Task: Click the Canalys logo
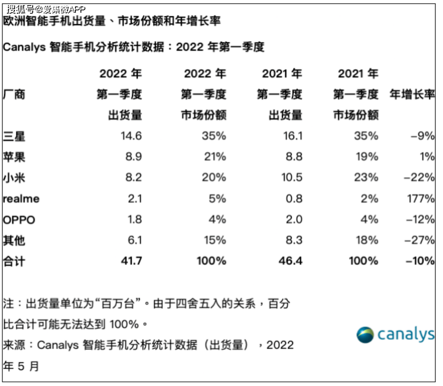[396, 335]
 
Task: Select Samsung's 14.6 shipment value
[131, 136]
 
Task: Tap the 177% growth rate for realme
[421, 198]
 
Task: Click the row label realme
[21, 198]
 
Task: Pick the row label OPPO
[19, 220]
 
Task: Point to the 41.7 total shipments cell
[131, 261]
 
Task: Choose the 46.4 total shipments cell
[290, 261]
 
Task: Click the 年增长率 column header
[412, 94]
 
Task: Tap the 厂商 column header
[14, 94]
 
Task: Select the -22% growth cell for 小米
[419, 178]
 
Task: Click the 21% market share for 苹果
[215, 157]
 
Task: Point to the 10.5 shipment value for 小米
[292, 178]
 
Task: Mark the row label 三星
[14, 136]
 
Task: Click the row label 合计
[14, 261]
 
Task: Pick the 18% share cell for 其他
[367, 240]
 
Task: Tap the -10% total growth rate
[420, 261]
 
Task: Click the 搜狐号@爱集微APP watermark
[46, 10]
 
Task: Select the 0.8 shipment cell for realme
[294, 198]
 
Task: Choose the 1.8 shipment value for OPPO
[134, 219]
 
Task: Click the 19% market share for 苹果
[367, 157]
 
